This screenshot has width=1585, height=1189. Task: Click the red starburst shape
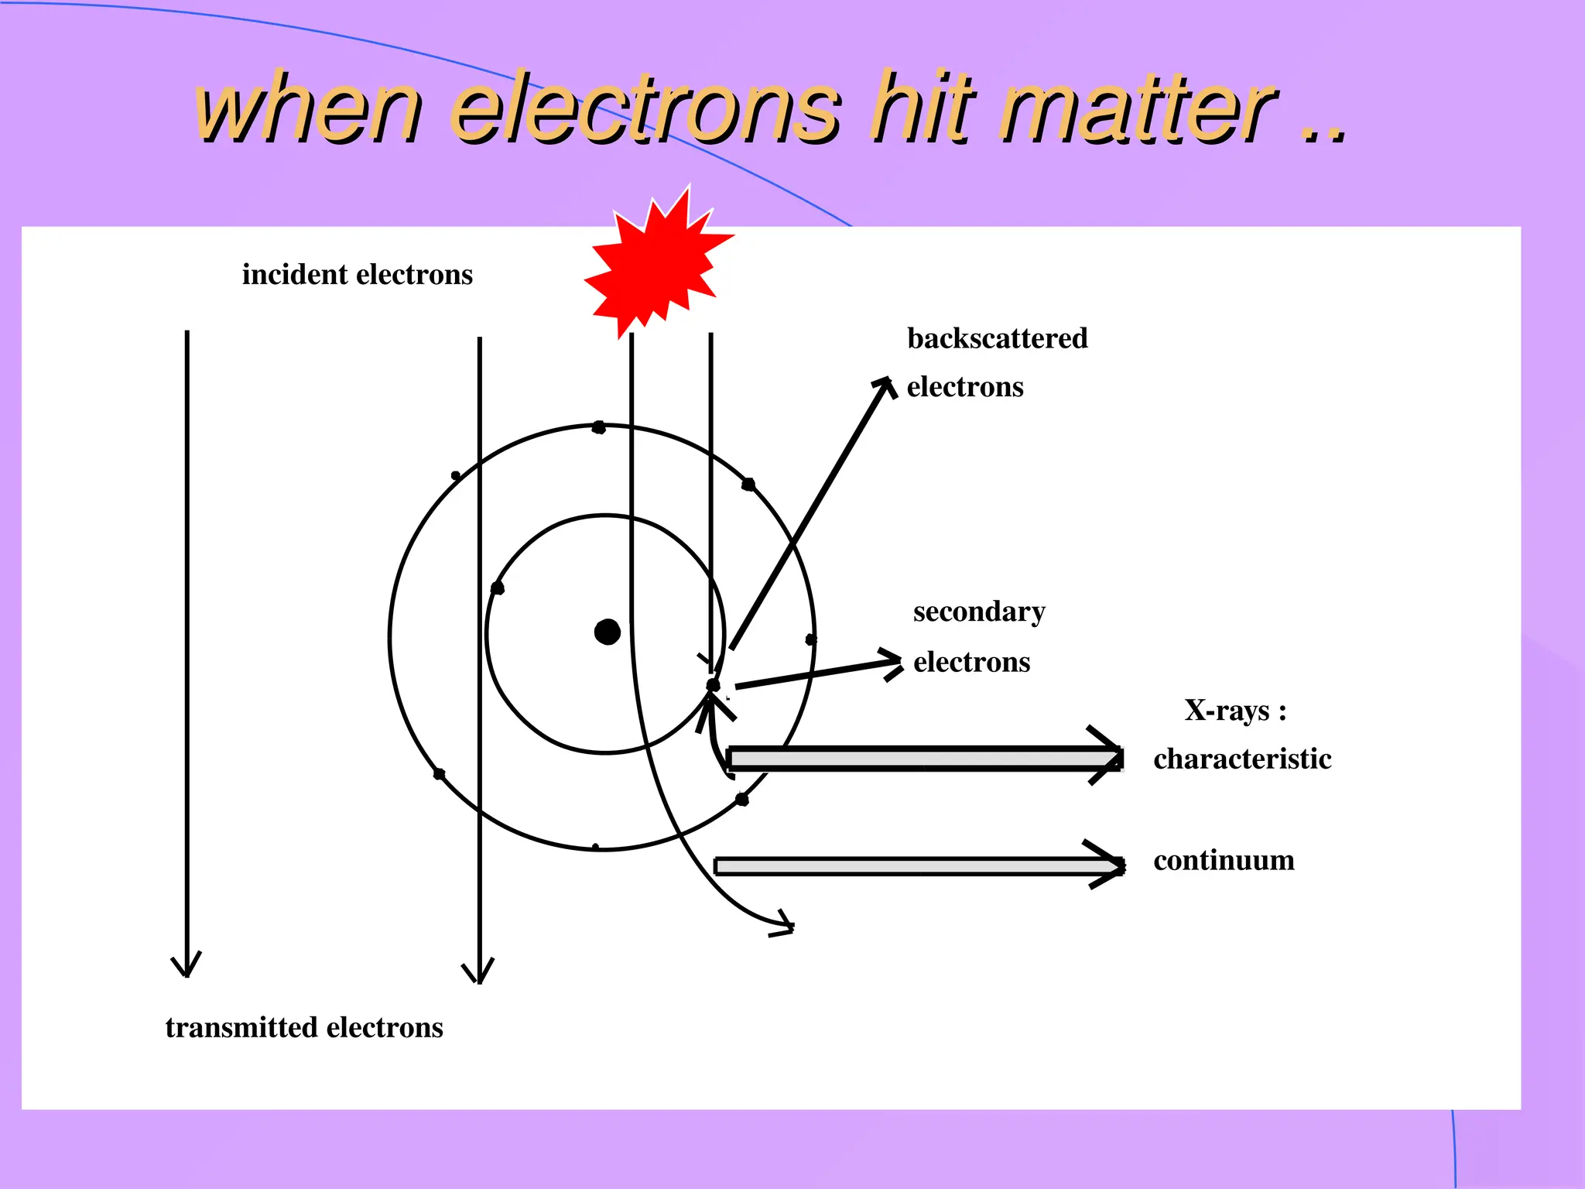click(656, 262)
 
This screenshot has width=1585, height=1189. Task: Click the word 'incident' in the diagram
click(294, 275)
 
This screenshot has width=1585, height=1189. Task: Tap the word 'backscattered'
click(997, 338)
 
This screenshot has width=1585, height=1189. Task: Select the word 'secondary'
click(979, 612)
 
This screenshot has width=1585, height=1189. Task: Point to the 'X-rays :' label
click(1235, 710)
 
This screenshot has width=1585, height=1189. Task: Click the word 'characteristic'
click(1242, 759)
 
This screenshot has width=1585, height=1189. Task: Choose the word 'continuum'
click(1224, 860)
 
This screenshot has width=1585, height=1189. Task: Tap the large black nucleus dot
click(608, 632)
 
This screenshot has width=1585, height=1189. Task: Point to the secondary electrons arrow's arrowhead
click(894, 663)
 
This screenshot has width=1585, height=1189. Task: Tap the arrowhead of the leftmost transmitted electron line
click(187, 968)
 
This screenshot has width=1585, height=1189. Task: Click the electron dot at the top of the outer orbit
click(598, 427)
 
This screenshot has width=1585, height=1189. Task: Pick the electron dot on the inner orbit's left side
click(498, 588)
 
